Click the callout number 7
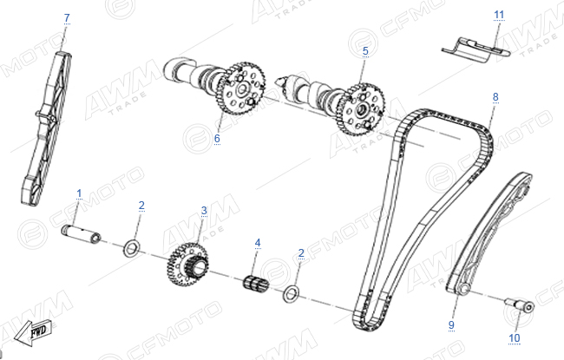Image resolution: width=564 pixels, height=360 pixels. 67,17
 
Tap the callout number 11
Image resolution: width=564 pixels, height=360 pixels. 499,15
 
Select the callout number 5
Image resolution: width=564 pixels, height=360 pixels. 365,51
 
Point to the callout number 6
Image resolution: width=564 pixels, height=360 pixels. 217,139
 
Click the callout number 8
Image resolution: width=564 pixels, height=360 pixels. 495,97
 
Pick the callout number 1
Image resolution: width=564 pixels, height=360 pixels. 79,193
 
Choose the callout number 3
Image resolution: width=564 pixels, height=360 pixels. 204,211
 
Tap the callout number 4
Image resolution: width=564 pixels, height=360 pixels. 258,243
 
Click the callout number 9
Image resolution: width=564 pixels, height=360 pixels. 451,324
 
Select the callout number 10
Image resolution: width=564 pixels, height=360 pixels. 515,338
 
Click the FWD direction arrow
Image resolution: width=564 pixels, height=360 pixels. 34,332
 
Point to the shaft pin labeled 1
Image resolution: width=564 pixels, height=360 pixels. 81,233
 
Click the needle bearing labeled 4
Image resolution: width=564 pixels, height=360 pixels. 256,282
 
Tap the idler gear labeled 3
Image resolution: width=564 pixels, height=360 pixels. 187,265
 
